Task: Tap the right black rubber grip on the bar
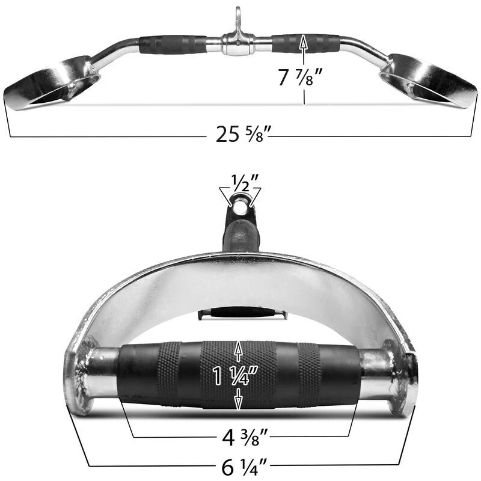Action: click(305, 43)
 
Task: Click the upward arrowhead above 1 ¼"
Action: click(239, 347)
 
